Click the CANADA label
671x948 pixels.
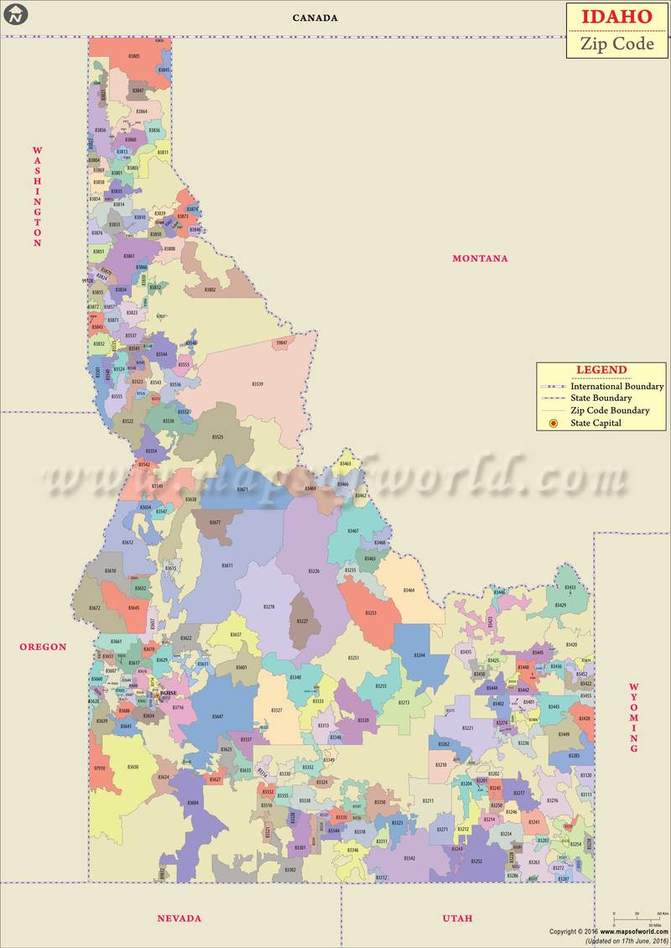click(315, 18)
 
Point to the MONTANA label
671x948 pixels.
click(480, 258)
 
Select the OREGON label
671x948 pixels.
click(43, 647)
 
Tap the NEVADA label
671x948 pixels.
click(179, 918)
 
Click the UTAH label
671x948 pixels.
click(457, 918)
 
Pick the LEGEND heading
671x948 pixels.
click(601, 370)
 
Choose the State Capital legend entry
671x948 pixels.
click(596, 424)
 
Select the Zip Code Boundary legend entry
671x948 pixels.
click(610, 411)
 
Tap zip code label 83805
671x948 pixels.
click(134, 56)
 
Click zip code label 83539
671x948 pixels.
click(257, 384)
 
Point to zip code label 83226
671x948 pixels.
click(314, 571)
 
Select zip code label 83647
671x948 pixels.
click(217, 716)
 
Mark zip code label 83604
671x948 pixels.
click(193, 803)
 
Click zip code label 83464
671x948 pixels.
click(408, 591)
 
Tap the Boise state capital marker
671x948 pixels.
click(153, 694)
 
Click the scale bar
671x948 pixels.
click(637, 916)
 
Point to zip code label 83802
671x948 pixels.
click(210, 289)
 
